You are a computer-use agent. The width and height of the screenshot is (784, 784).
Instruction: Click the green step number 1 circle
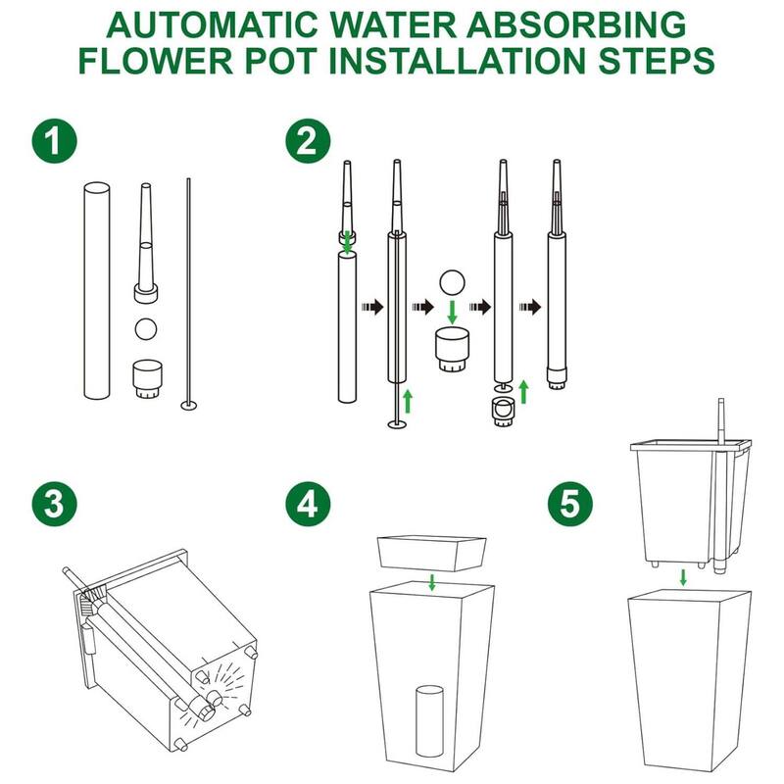pos(55,140)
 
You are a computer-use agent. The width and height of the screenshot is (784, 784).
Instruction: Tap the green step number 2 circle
pos(308,140)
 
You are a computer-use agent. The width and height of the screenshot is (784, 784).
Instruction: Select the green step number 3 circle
pos(55,504)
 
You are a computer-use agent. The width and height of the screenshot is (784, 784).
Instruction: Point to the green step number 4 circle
pos(308,504)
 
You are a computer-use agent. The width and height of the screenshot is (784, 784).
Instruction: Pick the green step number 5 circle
pos(570,504)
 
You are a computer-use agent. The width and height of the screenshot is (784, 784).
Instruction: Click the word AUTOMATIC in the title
pos(213,25)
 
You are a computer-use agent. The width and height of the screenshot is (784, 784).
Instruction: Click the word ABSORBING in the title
pos(576,25)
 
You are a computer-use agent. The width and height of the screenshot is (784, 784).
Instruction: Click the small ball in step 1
pos(146,329)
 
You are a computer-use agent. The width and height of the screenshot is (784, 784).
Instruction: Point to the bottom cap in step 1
pos(147,379)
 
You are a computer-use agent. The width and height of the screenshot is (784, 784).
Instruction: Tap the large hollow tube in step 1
pos(97,290)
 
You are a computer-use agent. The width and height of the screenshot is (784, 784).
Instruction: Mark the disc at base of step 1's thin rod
pos(189,405)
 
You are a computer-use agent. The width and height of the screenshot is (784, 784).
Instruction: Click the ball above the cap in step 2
pos(452,283)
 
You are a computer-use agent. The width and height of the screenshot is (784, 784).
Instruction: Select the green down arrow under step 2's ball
pos(453,312)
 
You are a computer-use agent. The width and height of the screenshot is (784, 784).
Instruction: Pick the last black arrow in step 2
pos(530,307)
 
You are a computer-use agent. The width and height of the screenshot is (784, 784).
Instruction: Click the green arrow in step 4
pos(432,582)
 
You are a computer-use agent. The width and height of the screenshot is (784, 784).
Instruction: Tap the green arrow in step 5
pos(683,577)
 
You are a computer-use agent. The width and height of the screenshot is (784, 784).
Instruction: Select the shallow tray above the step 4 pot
pos(431,554)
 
